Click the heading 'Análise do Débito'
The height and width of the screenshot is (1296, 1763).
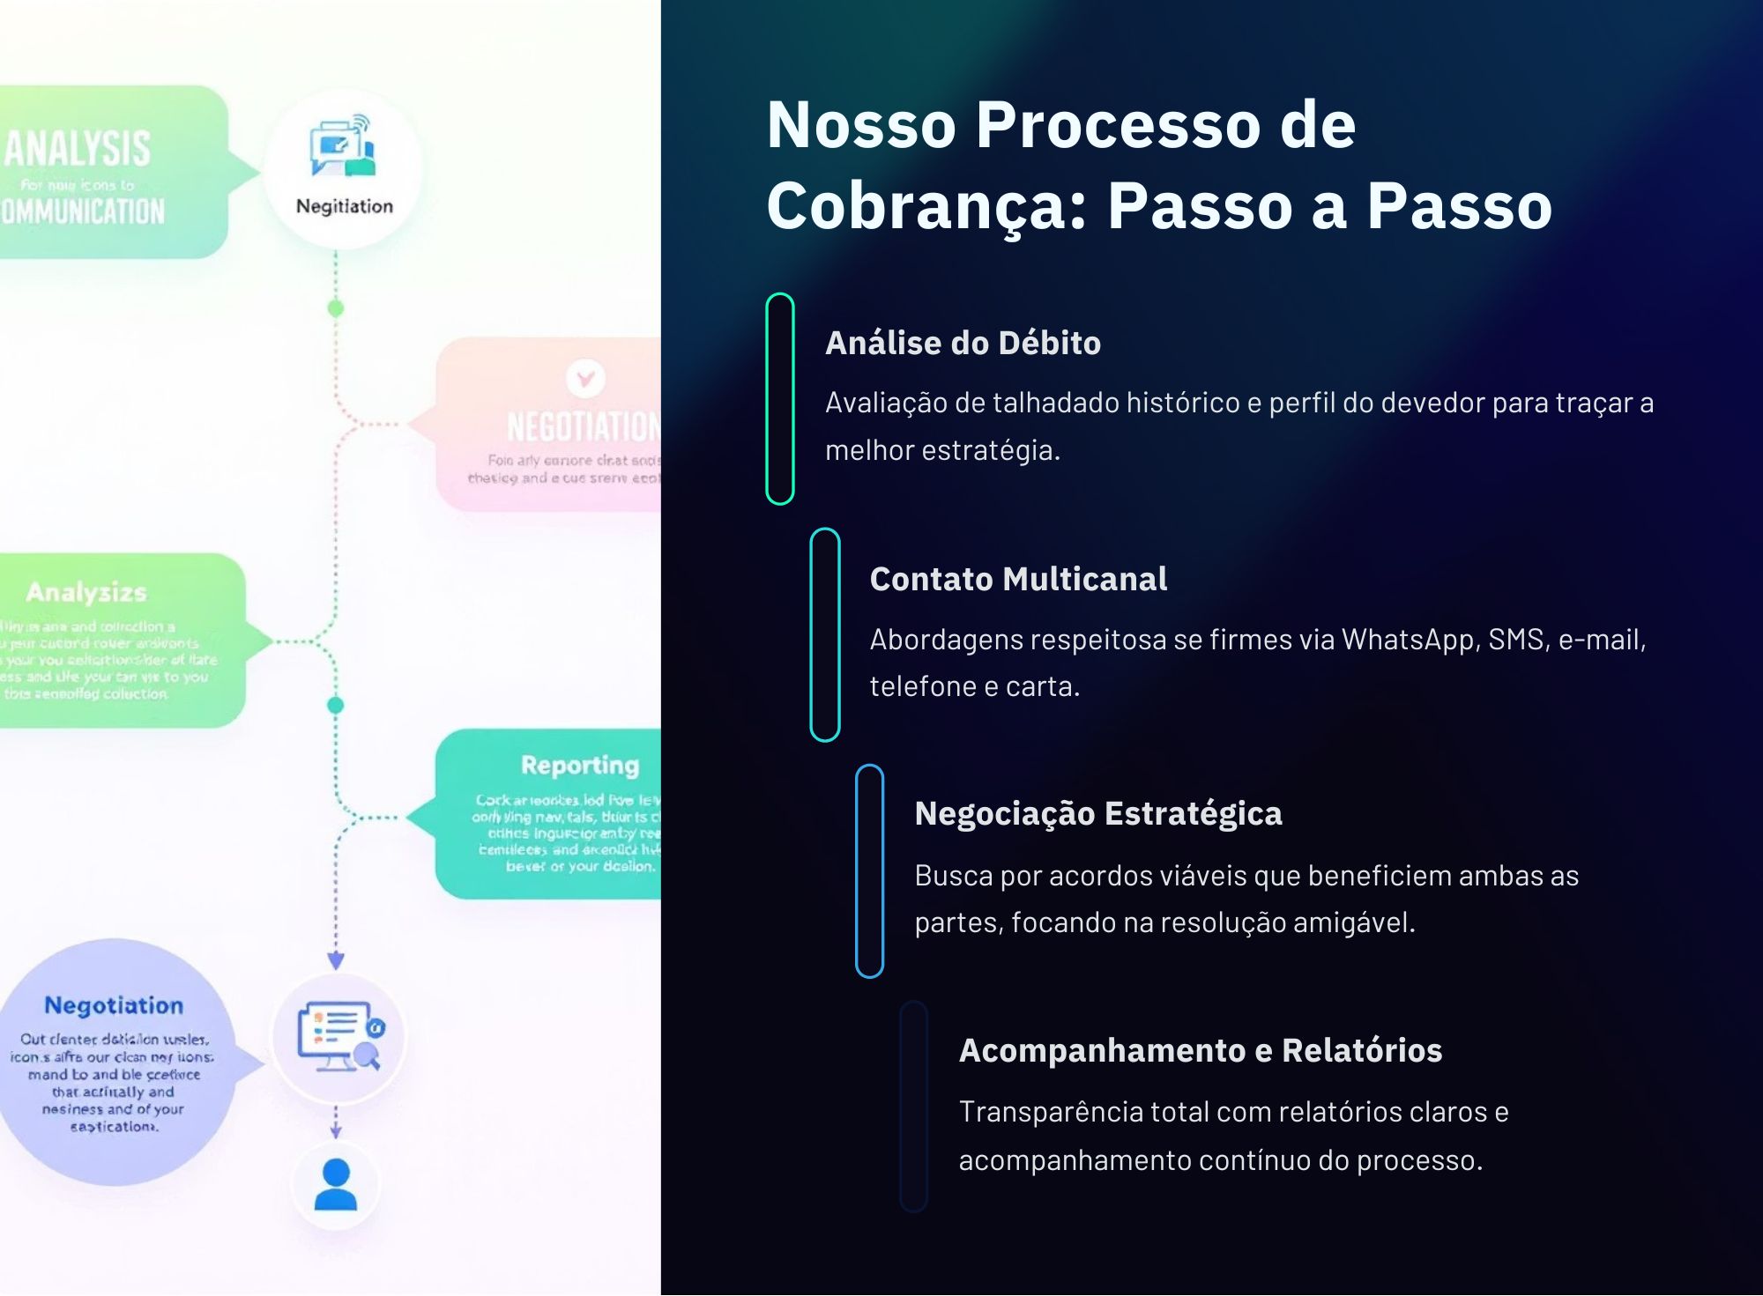point(963,343)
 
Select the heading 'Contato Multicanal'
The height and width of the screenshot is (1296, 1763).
point(1018,579)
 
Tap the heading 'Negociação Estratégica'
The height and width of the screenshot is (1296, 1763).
point(1097,813)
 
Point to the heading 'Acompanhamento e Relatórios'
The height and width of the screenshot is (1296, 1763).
point(1200,1050)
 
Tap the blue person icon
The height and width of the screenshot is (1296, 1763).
point(336,1184)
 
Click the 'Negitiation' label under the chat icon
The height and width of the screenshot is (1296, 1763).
point(345,206)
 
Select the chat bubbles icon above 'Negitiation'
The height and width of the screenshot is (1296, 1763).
point(342,145)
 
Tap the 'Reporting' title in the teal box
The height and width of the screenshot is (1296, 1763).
point(579,765)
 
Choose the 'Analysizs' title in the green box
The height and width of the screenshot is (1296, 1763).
point(86,592)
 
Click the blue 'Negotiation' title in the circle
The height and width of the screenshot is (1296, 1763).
point(114,1005)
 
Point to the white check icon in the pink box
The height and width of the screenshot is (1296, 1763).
point(585,378)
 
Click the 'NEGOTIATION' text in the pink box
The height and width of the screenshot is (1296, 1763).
point(583,426)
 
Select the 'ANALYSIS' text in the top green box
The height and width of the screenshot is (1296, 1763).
point(78,148)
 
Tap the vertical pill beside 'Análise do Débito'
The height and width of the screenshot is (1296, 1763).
point(780,398)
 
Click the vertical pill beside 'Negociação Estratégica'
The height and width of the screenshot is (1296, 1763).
point(869,870)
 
